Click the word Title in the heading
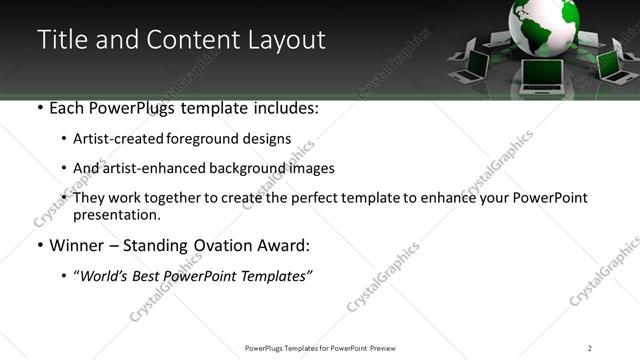point(60,40)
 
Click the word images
point(310,168)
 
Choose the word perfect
point(336,198)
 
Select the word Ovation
point(227,245)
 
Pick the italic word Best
point(152,276)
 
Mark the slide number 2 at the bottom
point(590,347)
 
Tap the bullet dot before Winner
point(39,245)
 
